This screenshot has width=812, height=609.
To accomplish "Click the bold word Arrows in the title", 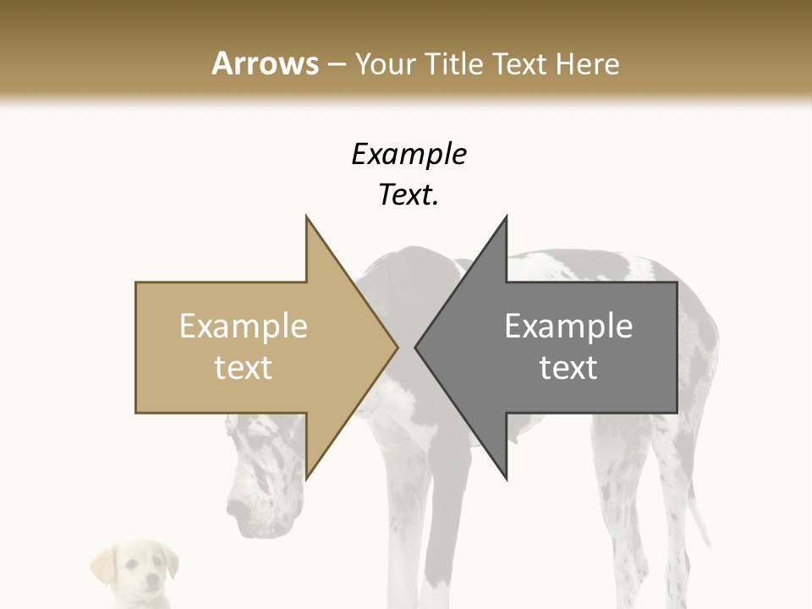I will (265, 63).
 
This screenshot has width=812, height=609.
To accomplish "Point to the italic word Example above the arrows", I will (409, 154).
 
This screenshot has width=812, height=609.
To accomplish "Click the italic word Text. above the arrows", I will (409, 195).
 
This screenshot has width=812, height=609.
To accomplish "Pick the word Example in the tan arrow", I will (244, 326).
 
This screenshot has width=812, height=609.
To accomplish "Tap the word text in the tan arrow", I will (244, 368).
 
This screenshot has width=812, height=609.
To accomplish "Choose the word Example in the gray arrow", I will (568, 326).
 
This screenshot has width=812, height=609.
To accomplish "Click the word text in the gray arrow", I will (568, 368).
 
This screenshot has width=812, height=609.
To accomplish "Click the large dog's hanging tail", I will (698, 507).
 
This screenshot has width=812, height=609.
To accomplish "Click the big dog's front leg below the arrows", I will (441, 524).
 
